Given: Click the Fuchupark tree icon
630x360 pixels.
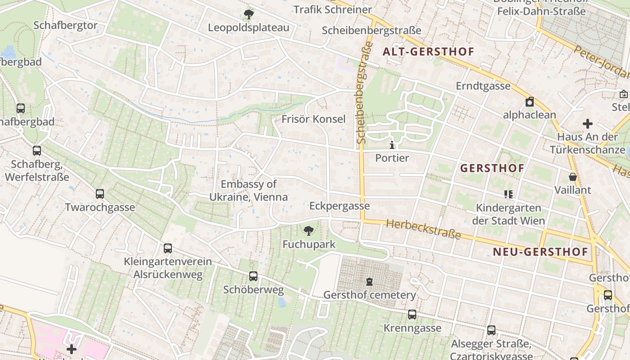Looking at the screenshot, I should click(309, 231).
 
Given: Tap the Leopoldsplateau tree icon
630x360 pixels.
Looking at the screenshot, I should click(248, 14).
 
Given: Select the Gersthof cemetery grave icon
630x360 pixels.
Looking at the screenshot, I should click(369, 282).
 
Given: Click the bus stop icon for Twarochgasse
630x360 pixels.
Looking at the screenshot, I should click(100, 194).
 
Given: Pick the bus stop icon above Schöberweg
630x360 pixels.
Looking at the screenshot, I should click(253, 276).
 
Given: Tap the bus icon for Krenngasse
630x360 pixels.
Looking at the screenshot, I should click(412, 315).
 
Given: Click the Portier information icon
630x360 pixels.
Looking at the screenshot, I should click(392, 145).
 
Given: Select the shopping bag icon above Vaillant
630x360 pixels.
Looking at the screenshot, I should click(572, 177).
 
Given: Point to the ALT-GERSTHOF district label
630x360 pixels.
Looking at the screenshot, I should click(428, 51).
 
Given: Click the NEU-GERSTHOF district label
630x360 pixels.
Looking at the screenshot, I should click(540, 252).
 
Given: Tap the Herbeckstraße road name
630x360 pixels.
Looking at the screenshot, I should click(423, 229).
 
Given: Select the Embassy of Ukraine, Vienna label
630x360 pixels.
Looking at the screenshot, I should click(248, 190).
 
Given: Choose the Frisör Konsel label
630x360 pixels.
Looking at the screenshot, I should click(314, 119).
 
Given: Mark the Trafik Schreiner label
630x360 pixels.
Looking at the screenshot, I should click(333, 9).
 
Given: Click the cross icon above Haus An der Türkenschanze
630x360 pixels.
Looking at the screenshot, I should click(587, 124).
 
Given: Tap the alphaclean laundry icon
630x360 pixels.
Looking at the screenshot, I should click(530, 102).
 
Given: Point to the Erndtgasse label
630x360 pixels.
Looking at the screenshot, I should click(483, 85).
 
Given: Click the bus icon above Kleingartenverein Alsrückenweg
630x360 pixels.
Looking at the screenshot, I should click(168, 248).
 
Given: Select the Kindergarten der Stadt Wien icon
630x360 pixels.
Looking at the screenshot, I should click(508, 194).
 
